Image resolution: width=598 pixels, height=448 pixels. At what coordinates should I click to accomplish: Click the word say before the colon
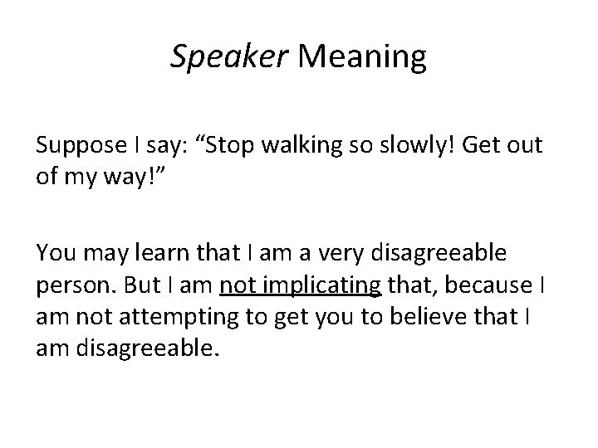(190, 147)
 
